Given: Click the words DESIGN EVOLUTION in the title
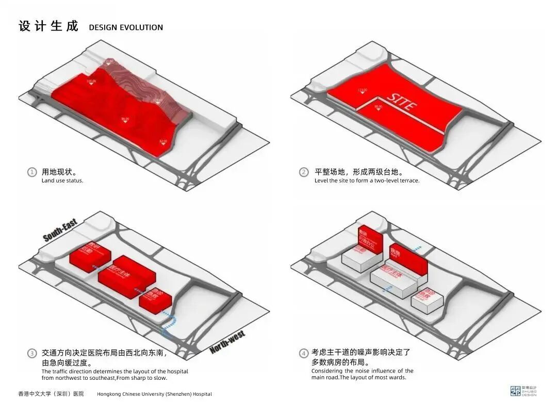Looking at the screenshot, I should pos(126,27).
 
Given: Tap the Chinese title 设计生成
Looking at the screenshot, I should pos(48,26).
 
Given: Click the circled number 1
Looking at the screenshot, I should pos(32,172).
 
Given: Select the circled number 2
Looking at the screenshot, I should pos(304,172).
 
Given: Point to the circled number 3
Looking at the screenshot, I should pos(32,353).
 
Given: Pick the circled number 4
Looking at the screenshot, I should pos(304,353).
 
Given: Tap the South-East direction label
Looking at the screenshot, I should pos(60,230).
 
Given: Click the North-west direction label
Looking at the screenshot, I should pos(227,342).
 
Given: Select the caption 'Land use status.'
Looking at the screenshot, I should pos(62,181).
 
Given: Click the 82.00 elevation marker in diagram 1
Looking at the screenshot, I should pos(163,142).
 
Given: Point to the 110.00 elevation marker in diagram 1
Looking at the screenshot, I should pos(91,83).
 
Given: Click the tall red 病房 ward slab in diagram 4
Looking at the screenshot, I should pos(407,258).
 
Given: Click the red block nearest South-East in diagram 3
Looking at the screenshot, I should pos(90,256).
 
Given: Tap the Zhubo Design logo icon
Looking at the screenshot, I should pos(515,391).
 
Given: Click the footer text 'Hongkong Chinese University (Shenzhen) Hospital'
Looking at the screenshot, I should pos(154,394).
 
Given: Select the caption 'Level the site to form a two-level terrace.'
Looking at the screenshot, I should pos(367,181).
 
